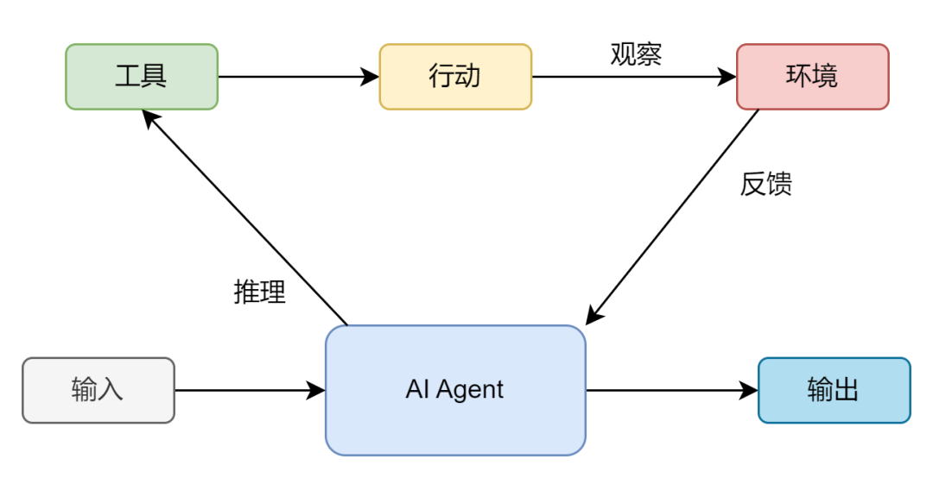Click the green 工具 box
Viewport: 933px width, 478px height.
tap(142, 77)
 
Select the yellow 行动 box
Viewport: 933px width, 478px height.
tap(455, 77)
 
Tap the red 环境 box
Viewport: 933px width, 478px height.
tap(812, 77)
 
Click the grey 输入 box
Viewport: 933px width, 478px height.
tap(98, 390)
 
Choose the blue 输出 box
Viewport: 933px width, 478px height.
tap(834, 390)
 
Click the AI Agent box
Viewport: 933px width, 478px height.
tap(455, 390)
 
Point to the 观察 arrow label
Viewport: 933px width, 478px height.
tap(636, 54)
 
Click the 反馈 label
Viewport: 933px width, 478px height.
tap(765, 184)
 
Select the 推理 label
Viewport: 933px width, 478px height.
tap(259, 292)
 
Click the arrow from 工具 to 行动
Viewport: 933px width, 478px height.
tap(298, 77)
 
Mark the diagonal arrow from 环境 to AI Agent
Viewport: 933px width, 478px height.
tap(674, 216)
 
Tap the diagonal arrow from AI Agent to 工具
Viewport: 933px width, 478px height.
tap(246, 219)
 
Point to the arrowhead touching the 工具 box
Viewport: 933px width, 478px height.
tap(150, 118)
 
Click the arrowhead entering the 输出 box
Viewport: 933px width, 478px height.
tap(748, 390)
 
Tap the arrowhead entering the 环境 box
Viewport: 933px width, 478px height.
tap(727, 77)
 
